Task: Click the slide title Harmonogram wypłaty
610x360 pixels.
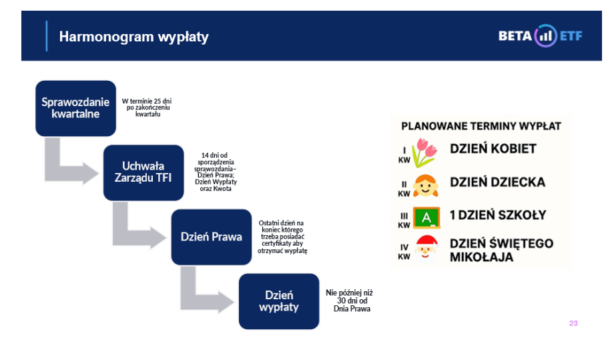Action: [x=134, y=37]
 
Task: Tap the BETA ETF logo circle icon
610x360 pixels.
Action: [x=545, y=36]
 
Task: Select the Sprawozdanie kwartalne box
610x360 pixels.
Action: [x=76, y=108]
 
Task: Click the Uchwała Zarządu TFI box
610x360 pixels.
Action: [x=143, y=172]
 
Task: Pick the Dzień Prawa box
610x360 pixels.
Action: [x=212, y=236]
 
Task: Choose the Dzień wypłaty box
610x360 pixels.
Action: [x=279, y=301]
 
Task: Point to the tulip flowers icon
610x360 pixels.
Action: [x=424, y=153]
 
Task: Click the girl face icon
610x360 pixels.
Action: [x=425, y=186]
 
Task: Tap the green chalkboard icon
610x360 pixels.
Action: [x=426, y=218]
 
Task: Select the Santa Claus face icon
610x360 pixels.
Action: [x=426, y=248]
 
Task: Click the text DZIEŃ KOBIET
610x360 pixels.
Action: [x=493, y=149]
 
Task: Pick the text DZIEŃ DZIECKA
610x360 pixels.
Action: [x=498, y=182]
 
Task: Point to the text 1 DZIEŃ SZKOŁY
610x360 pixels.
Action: [x=498, y=215]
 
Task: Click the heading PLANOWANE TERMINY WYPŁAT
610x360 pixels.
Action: [x=481, y=126]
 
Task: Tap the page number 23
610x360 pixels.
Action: [x=573, y=323]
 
